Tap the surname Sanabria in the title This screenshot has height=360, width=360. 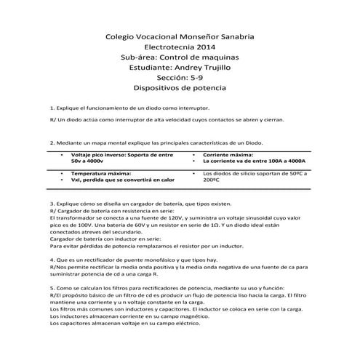point(231,34)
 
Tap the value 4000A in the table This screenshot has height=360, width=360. point(293,161)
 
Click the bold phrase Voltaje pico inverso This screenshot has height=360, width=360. point(97,155)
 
